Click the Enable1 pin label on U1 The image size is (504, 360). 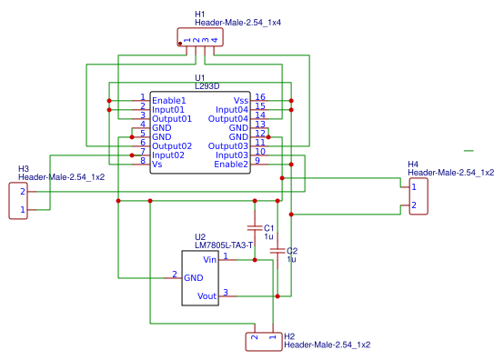tap(168, 100)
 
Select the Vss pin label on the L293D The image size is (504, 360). tap(241, 100)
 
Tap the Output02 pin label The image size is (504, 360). tap(172, 145)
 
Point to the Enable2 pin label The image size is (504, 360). tap(231, 164)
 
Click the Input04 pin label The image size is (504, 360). tap(231, 109)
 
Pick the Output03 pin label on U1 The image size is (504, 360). tap(228, 145)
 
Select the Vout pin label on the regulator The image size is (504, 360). tap(207, 295)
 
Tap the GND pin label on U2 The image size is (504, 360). tap(194, 277)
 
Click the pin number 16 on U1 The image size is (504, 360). tap(259, 97)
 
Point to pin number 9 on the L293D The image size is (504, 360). tap(257, 161)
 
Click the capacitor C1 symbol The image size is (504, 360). tap(255, 227)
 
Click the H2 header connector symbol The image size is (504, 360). tap(263, 341)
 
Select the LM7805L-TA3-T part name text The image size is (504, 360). tap(224, 245)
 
